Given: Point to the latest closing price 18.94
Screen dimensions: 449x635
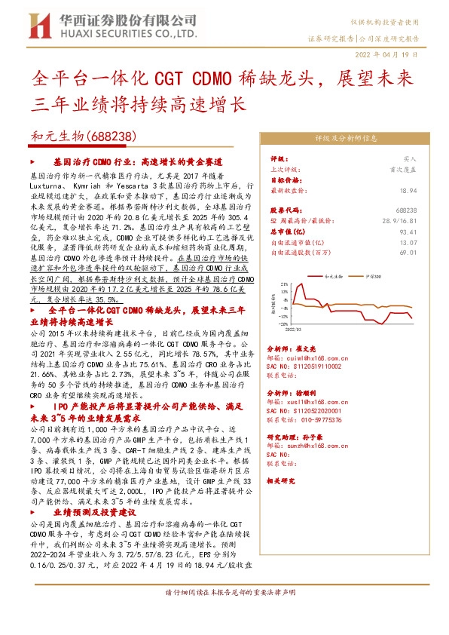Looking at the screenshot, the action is [410, 192].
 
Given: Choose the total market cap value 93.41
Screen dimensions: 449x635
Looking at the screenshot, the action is [410, 232].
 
